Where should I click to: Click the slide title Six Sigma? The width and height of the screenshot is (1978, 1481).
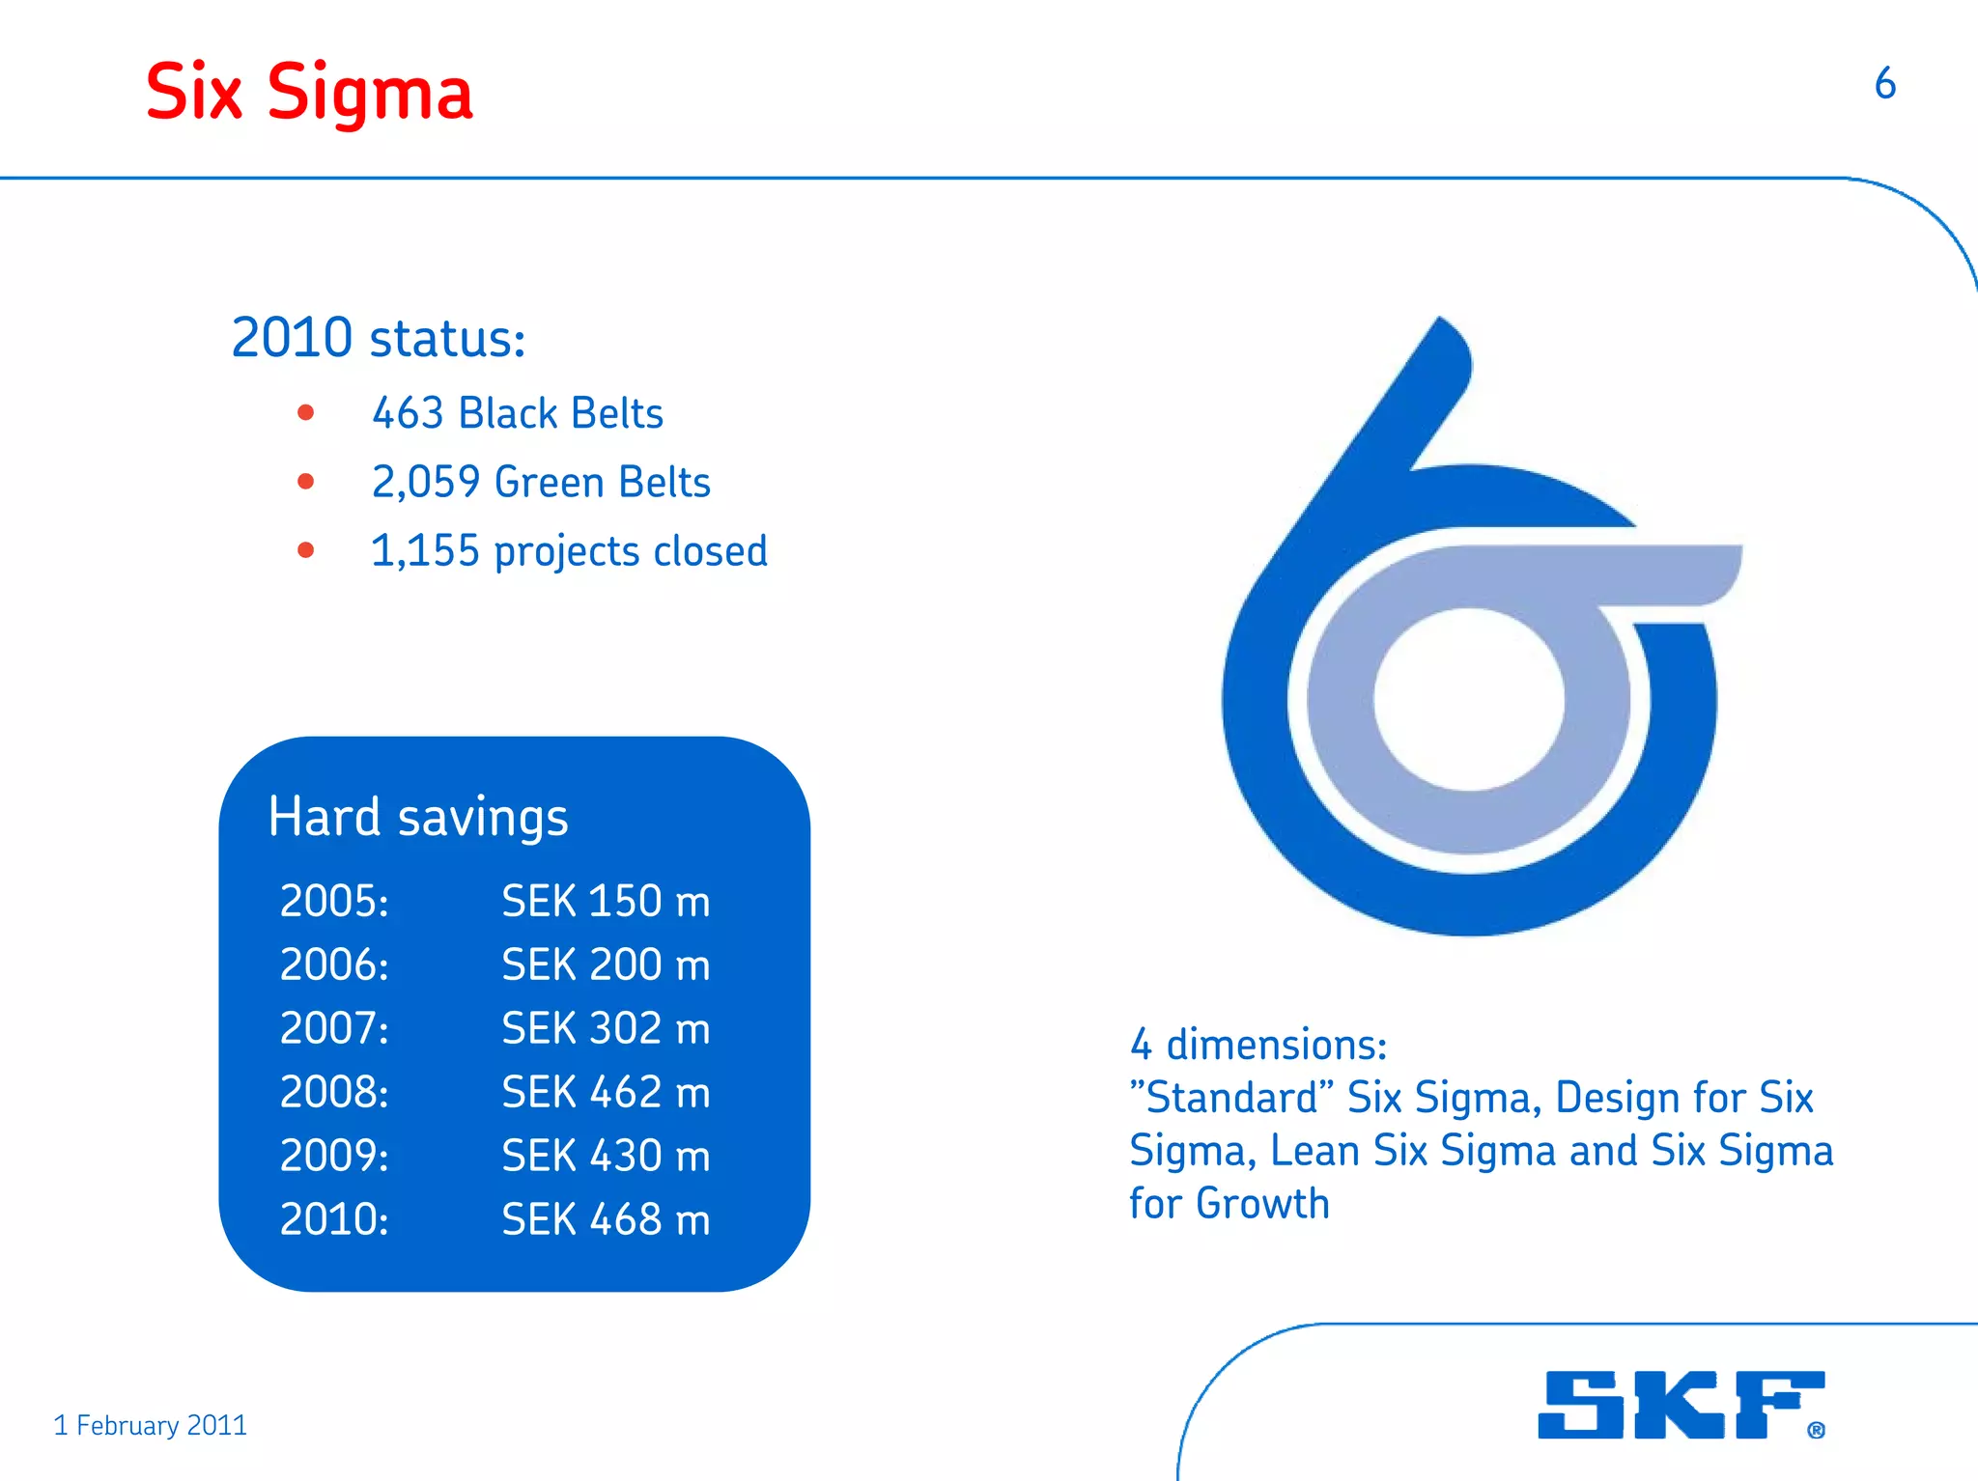click(x=309, y=93)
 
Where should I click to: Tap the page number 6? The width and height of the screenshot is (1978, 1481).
click(x=1884, y=84)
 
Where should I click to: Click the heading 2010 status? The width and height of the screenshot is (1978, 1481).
click(x=378, y=338)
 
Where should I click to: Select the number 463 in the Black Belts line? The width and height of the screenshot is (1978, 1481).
click(x=408, y=413)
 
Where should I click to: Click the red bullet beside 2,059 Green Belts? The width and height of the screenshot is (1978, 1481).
click(x=306, y=481)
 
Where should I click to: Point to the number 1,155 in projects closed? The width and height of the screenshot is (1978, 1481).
click(x=425, y=551)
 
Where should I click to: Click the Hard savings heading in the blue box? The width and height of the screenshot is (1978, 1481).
click(x=418, y=817)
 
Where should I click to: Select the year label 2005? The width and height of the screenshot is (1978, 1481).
click(x=334, y=901)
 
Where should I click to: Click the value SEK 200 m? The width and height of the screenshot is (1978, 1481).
click(x=606, y=964)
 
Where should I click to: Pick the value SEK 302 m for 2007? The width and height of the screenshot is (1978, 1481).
click(x=606, y=1028)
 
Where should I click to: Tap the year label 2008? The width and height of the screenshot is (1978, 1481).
click(x=334, y=1092)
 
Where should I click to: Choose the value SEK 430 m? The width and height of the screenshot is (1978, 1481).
click(x=606, y=1156)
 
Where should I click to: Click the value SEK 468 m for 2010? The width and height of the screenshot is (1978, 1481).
click(x=606, y=1219)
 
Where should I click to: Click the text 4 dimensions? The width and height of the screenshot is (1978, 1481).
click(x=1257, y=1045)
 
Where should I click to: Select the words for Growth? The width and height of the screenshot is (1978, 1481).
click(x=1229, y=1204)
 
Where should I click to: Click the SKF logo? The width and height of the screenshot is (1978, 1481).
click(x=1681, y=1405)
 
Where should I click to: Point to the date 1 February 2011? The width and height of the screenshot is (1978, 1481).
click(x=151, y=1425)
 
